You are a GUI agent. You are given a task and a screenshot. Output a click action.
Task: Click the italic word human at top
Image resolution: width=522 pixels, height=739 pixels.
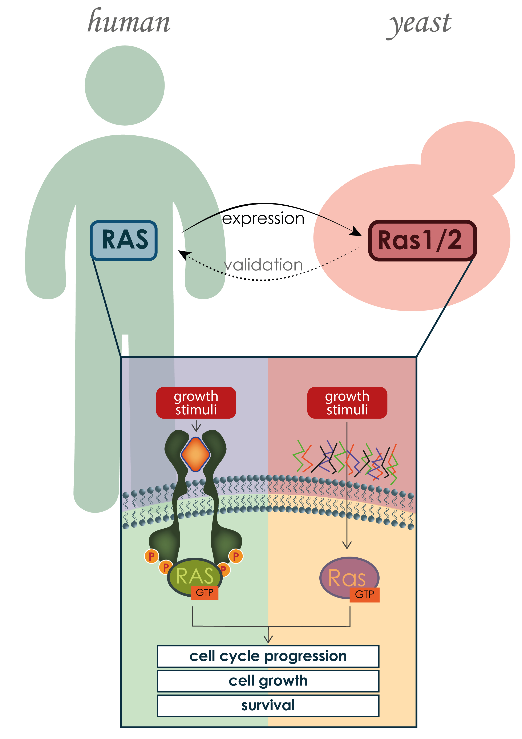(x=129, y=22)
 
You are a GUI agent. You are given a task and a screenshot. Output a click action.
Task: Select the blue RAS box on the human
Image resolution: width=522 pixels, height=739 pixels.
(x=124, y=240)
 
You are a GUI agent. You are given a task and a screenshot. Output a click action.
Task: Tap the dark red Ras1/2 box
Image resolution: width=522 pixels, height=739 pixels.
(x=422, y=240)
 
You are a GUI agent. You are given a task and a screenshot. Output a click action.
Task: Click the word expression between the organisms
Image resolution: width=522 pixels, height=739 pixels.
(x=263, y=218)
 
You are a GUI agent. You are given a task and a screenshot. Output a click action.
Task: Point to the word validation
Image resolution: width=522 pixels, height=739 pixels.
(x=263, y=265)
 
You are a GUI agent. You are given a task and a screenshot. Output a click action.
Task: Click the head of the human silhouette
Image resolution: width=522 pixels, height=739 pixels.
(x=125, y=85)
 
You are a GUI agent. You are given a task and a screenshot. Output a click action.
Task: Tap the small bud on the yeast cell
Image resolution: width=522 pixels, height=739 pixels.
(x=468, y=158)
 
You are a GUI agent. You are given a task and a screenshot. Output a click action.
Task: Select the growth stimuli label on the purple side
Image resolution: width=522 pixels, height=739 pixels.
(x=196, y=403)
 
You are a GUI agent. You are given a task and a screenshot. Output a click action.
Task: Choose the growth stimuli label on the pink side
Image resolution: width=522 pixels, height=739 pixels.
(x=347, y=403)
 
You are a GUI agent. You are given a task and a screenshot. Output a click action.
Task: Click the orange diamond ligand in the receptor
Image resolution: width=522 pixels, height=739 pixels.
(x=195, y=454)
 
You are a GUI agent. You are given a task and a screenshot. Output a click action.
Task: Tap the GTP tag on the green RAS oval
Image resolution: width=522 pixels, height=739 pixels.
(x=205, y=593)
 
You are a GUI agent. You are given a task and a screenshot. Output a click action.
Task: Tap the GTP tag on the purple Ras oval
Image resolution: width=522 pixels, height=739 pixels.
(x=364, y=594)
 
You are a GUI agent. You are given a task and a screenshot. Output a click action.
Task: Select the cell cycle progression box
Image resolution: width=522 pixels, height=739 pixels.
(x=268, y=656)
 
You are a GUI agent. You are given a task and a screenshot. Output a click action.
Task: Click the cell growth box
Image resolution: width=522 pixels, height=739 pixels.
(x=268, y=681)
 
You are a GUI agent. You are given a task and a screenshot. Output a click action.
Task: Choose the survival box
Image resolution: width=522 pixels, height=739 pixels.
(x=268, y=706)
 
